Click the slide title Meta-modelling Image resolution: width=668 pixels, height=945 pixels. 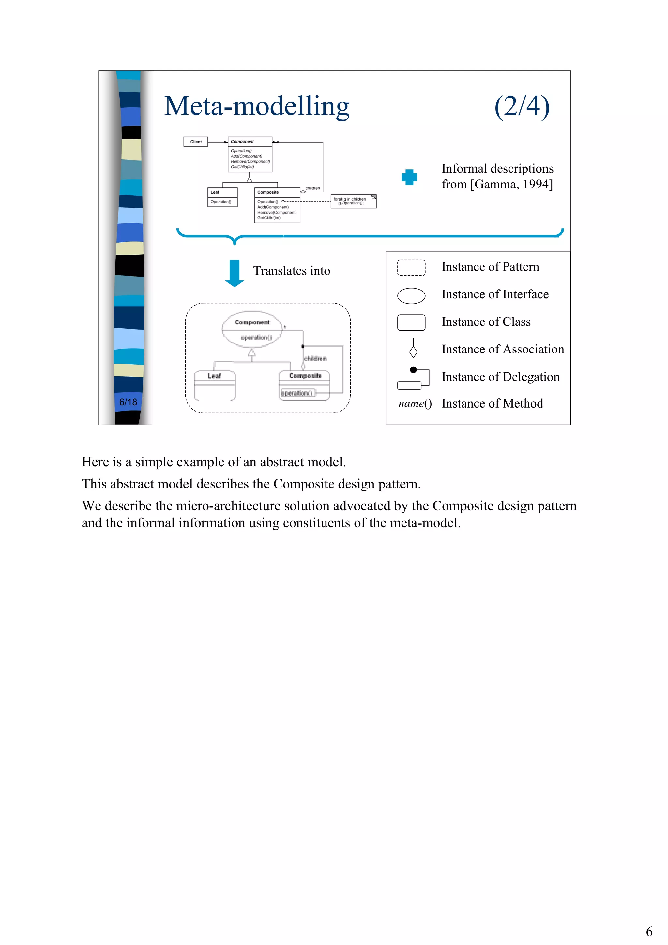coord(256,106)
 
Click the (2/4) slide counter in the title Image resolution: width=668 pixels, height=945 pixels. coord(522,106)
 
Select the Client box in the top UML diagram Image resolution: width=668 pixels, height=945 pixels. coord(195,142)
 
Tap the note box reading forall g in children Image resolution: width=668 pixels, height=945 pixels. coord(353,201)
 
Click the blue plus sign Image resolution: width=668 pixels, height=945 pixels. coord(409,177)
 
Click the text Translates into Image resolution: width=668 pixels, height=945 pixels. coord(291,271)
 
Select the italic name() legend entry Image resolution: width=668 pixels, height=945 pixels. coord(415,404)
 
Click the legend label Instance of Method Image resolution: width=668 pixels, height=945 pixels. coord(492,404)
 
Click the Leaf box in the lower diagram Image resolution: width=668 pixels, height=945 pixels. coord(214,385)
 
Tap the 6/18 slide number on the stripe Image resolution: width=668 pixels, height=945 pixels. coord(128,402)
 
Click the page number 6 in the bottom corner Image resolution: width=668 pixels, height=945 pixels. coord(649,931)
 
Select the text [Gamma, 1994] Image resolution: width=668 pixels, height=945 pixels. coord(511,184)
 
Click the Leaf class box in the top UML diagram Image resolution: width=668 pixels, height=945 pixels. coord(222,197)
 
